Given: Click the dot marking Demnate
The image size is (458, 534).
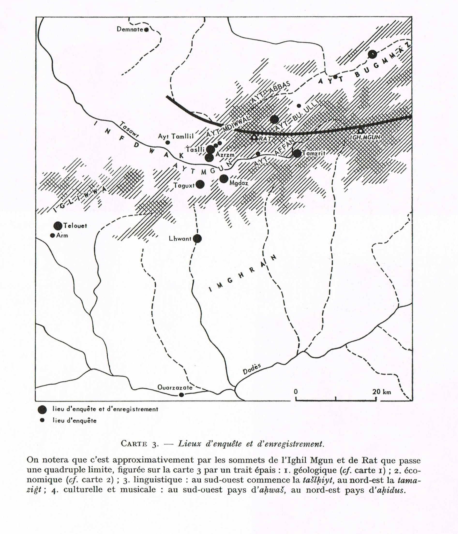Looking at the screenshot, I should [x=146, y=30].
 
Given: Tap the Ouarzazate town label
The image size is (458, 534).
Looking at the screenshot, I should [x=175, y=387].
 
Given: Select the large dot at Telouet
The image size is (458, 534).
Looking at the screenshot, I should [x=58, y=226].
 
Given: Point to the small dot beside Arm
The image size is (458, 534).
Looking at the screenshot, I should [x=53, y=235].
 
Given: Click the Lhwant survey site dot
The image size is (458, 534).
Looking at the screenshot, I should [x=197, y=239].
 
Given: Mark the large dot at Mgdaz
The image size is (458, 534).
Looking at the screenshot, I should [x=224, y=179].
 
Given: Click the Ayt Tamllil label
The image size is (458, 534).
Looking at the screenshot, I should [x=175, y=137].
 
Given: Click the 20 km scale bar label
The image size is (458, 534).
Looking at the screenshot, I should [x=382, y=392].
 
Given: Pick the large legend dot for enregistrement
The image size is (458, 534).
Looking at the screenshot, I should [x=42, y=409].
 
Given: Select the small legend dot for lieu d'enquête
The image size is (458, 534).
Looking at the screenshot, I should [x=42, y=420].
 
